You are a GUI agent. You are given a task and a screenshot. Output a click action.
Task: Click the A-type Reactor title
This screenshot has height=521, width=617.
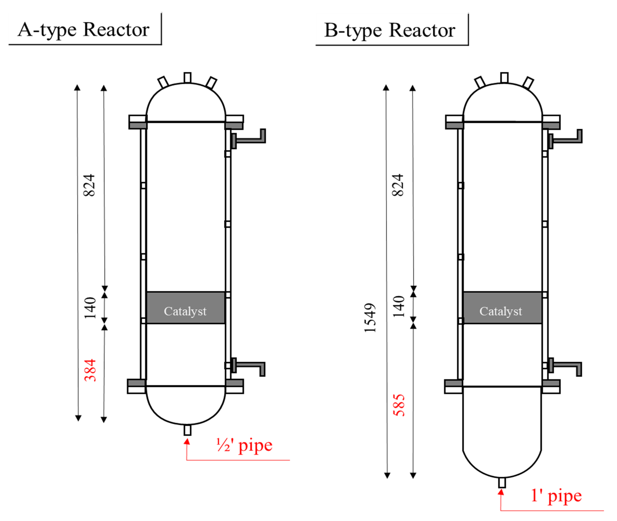(84, 30)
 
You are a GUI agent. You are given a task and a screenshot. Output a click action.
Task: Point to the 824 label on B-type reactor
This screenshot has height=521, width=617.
(398, 185)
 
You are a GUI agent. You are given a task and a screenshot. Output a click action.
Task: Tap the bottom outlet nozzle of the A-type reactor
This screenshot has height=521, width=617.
(187, 430)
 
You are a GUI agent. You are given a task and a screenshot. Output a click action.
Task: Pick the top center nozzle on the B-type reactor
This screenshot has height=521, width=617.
(504, 78)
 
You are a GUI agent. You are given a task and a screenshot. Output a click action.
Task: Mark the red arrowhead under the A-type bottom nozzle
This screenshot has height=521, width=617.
(187, 441)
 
